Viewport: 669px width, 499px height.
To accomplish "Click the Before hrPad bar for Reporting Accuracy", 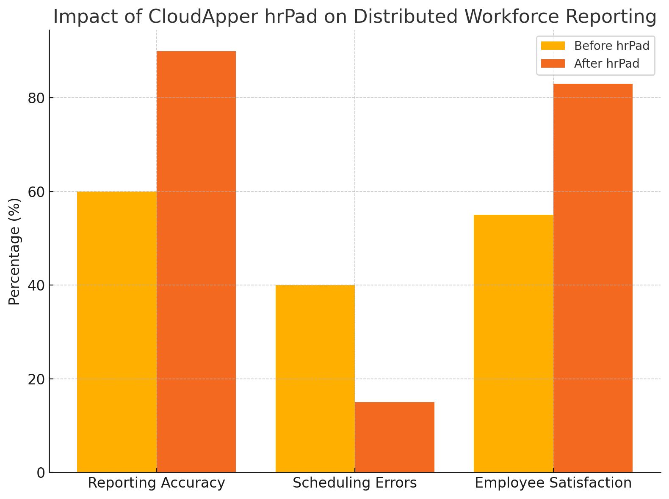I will click(x=117, y=332).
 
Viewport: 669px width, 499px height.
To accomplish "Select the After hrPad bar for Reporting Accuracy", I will click(x=196, y=262).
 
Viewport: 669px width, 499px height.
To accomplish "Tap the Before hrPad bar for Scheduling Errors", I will click(x=315, y=378).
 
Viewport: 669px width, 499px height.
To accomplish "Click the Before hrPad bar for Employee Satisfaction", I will click(x=513, y=343).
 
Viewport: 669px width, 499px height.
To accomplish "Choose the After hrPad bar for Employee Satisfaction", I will click(x=593, y=278).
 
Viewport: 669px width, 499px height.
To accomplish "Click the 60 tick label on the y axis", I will click(x=36, y=192).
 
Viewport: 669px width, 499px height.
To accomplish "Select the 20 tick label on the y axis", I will click(x=36, y=379).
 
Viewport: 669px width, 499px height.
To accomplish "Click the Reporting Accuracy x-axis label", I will click(x=156, y=483).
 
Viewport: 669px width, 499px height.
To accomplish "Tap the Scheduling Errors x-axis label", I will click(x=355, y=483).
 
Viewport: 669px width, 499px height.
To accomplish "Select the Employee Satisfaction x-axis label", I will click(x=553, y=483).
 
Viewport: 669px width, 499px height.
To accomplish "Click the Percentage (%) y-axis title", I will click(x=14, y=251).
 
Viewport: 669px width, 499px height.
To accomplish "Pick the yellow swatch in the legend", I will click(x=553, y=46).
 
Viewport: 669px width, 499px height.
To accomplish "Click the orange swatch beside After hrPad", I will click(x=553, y=63).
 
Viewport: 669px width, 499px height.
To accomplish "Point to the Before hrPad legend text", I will click(x=611, y=46).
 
